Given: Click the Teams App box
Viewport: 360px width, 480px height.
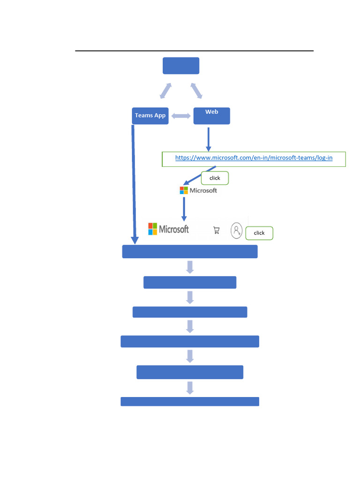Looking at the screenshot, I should point(150,116).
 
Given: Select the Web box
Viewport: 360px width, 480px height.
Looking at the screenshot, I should point(211,116).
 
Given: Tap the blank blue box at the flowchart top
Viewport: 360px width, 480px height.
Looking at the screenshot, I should point(181,66).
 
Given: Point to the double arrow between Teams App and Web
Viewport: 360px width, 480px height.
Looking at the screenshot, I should point(180,116).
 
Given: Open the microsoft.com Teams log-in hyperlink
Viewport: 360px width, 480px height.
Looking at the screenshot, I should point(254,158).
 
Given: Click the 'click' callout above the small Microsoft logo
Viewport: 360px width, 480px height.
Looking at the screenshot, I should point(215,178).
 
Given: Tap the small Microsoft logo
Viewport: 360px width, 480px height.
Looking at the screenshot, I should point(198,190).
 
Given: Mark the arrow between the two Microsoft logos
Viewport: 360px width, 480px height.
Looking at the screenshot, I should point(184,209).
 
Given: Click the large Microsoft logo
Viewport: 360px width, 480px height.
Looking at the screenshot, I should point(169,229).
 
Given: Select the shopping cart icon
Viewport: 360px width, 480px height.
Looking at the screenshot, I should point(216,230).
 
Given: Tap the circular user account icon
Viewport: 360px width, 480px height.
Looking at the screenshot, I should point(237,230).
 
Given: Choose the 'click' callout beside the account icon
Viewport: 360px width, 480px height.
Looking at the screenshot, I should point(259,233).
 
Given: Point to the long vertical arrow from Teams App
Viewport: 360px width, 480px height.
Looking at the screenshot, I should point(134,183).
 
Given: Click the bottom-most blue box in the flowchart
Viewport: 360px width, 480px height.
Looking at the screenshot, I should point(190,402).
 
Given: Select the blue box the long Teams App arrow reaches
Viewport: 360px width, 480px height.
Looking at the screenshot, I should point(190,252).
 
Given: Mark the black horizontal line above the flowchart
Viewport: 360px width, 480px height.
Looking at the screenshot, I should point(194,51).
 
